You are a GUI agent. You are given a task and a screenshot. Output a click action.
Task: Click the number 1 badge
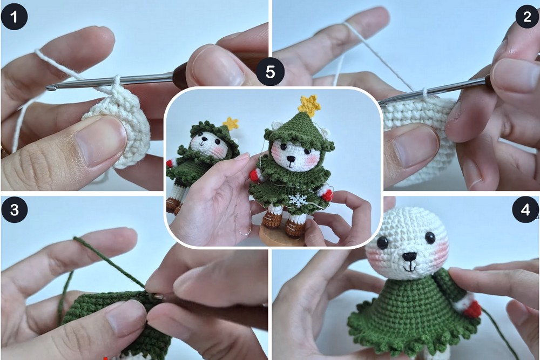(14, 17)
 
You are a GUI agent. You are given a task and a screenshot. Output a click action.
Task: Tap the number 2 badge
(527, 17)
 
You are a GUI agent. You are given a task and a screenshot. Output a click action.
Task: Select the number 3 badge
(14, 209)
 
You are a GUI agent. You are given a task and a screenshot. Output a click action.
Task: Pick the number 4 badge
(525, 209)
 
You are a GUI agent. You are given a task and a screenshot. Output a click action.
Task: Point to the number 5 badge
(271, 72)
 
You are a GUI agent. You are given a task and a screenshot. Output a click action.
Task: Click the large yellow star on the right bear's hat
(309, 104)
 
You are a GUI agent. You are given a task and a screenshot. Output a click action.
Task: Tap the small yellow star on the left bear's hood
(231, 123)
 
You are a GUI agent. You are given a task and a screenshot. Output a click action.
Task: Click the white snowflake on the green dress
(297, 200)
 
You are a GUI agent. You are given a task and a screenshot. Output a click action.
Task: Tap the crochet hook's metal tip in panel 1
(50, 89)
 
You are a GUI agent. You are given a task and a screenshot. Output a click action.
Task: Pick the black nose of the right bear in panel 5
(292, 159)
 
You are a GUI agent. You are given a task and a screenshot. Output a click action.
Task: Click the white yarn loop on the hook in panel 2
(425, 92)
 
